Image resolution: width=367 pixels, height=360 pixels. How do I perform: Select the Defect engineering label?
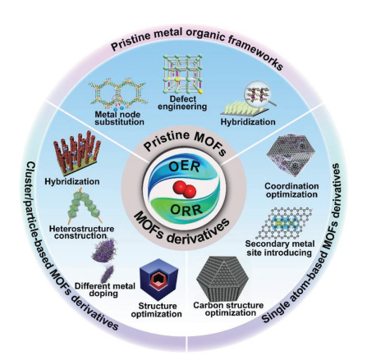pyautogui.click(x=182, y=103)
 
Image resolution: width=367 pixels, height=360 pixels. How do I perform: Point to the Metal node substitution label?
pyautogui.click(x=119, y=118)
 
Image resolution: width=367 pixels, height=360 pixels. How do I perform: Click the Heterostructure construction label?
pyautogui.click(x=81, y=232)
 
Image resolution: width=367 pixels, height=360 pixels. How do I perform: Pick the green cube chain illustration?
pyautogui.click(x=84, y=206)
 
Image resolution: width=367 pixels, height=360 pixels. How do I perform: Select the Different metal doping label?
pyautogui.click(x=105, y=290)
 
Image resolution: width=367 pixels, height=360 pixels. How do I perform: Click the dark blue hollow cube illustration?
pyautogui.click(x=158, y=279)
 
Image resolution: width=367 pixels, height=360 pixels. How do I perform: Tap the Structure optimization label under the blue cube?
pyautogui.click(x=156, y=310)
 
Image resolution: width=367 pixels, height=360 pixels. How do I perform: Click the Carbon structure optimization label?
pyautogui.click(x=228, y=308)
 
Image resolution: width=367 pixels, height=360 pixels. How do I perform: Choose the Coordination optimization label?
pyautogui.click(x=291, y=190)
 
